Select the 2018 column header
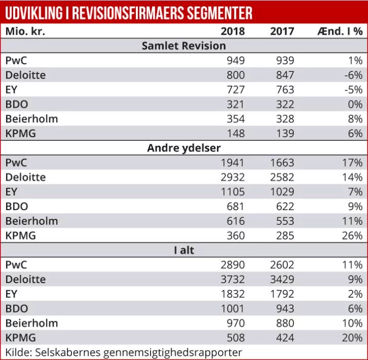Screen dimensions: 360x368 pos(232,31)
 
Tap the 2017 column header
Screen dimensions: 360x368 pos(282,31)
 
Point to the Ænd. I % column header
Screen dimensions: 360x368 pos(339,31)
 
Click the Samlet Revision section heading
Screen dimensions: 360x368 pos(184,46)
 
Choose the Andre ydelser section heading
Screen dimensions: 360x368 pos(184,148)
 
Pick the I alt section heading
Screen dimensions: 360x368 pos(184,250)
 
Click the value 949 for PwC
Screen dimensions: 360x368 pos(236,61)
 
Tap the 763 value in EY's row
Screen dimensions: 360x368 pos(285,90)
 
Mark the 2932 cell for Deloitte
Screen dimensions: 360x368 pos(232,177)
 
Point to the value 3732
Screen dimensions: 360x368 pos(232,279)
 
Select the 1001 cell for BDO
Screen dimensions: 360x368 pos(232,308)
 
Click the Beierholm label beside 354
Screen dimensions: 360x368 pos(32,119)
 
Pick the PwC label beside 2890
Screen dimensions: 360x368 pos(16,265)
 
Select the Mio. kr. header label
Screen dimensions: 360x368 pos(25,31)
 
